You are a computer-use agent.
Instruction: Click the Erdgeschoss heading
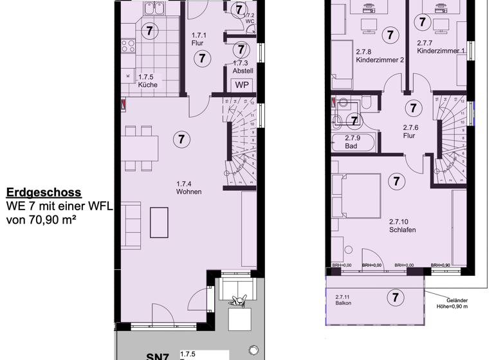point(44,192)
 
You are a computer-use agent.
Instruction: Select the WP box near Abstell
point(242,85)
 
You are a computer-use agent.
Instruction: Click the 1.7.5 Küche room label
point(148,80)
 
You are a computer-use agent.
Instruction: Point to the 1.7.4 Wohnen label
point(189,188)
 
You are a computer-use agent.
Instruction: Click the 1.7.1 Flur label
point(198,39)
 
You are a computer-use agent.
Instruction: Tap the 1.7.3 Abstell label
point(241,67)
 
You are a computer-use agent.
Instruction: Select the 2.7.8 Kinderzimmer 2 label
point(379,56)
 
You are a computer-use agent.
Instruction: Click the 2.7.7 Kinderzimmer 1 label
point(441,46)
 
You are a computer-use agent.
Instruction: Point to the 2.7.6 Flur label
point(411,131)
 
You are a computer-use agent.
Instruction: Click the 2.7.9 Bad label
point(351,142)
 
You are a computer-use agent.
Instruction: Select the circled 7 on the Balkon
point(396,297)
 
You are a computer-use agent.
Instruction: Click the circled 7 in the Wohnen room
point(182,139)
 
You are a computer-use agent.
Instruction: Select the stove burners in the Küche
point(128,46)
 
